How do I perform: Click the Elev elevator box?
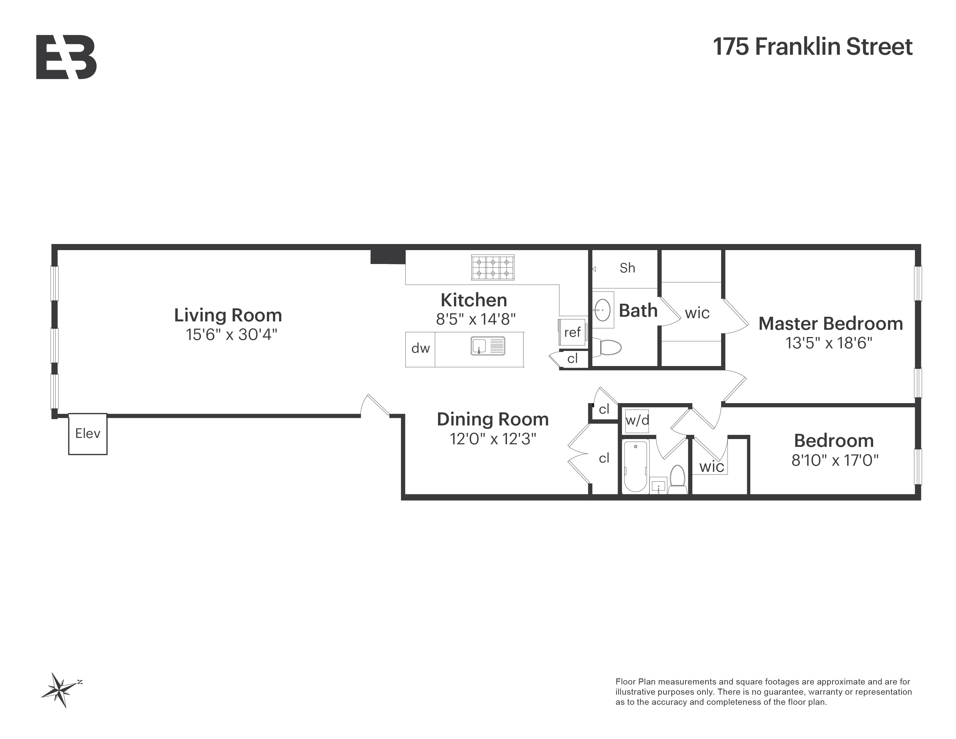[87, 434]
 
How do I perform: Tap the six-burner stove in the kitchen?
[492, 267]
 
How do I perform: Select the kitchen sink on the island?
[488, 345]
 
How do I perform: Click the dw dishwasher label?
[420, 348]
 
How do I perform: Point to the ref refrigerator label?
[572, 332]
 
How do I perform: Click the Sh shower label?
[627, 268]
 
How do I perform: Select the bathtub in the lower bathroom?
[635, 467]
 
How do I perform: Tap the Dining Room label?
[492, 419]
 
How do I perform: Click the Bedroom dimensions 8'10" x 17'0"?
[835, 460]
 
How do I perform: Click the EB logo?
[66, 57]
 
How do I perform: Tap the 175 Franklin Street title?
[812, 47]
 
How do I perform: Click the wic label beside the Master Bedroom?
[697, 313]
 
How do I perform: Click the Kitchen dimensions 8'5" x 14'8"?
[475, 319]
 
